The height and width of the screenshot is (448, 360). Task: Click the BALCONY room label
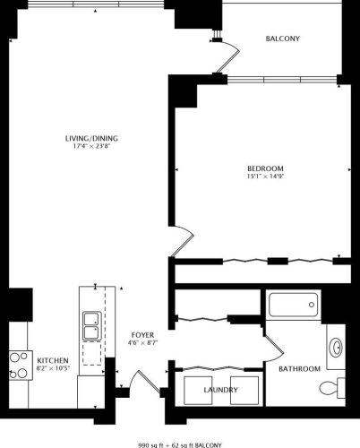pyautogui.click(x=282, y=39)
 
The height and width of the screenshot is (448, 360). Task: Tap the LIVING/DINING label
pyautogui.click(x=91, y=138)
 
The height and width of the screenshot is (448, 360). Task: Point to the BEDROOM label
pyautogui.click(x=265, y=169)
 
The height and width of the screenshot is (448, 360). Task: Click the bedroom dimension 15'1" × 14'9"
pyautogui.click(x=265, y=178)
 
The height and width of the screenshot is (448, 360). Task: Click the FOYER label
pyautogui.click(x=142, y=333)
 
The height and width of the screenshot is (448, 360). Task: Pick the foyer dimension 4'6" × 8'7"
pyautogui.click(x=142, y=342)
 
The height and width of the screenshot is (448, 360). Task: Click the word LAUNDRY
pyautogui.click(x=220, y=390)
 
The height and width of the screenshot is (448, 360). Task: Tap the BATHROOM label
pyautogui.click(x=298, y=368)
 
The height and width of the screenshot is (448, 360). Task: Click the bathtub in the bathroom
pyautogui.click(x=293, y=306)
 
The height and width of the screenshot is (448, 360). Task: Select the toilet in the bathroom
pyautogui.click(x=334, y=386)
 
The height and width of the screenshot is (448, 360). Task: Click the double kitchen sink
pyautogui.click(x=91, y=325)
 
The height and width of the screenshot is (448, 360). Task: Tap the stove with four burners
pyautogui.click(x=19, y=363)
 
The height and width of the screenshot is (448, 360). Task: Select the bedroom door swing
pyautogui.click(x=184, y=240)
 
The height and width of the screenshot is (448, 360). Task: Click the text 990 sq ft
pyautogui.click(x=154, y=444)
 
